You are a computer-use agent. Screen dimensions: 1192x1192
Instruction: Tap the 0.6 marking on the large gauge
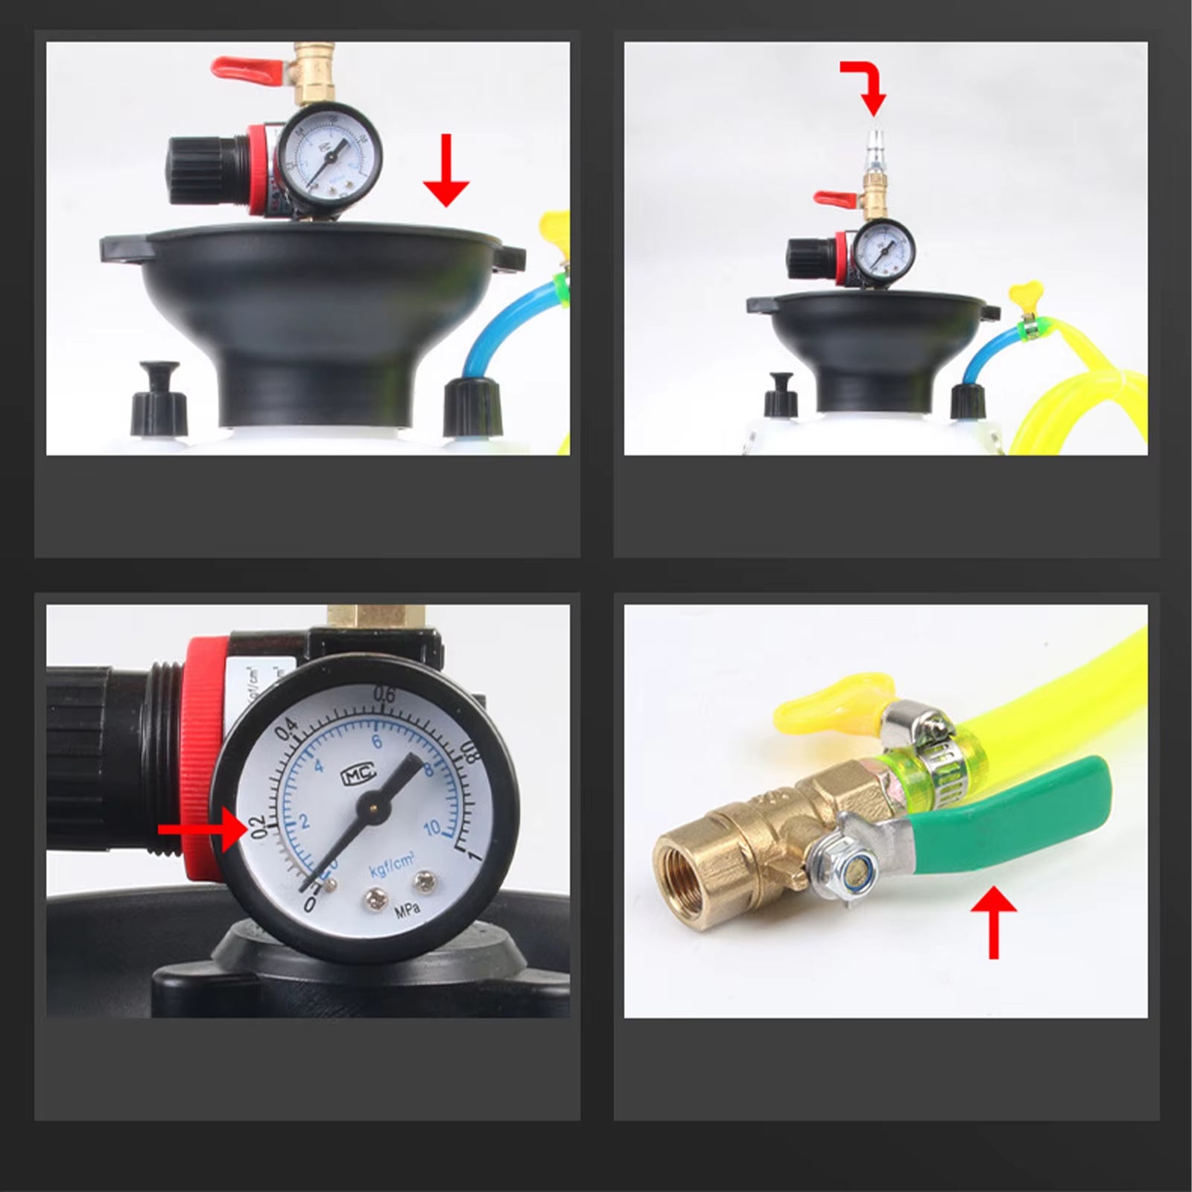pos(384,695)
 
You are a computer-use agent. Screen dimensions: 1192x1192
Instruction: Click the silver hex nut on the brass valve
pos(837,864)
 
